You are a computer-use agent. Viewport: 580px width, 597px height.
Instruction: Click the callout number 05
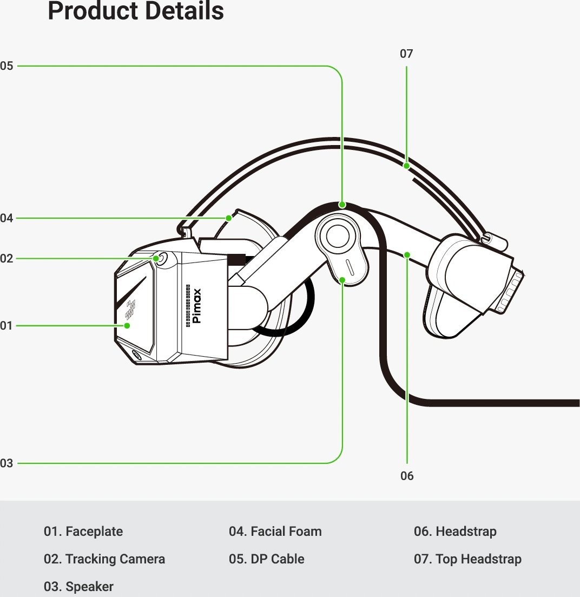click(x=6, y=66)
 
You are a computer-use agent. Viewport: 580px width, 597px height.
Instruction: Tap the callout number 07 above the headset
click(x=406, y=54)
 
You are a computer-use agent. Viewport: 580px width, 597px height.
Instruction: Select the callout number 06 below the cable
click(x=407, y=476)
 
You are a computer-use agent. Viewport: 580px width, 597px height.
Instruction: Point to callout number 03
click(x=6, y=463)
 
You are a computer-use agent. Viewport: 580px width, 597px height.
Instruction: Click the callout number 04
click(x=6, y=218)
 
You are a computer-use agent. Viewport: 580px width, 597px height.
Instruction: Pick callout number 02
click(x=6, y=259)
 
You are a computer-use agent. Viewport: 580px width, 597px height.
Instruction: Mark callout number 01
click(x=6, y=325)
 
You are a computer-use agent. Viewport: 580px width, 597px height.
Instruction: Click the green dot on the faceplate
click(x=127, y=325)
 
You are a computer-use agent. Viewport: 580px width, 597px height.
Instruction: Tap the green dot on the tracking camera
click(x=156, y=259)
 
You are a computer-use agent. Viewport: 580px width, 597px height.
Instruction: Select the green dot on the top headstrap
click(x=406, y=166)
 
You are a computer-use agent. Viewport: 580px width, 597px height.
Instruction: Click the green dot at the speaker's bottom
click(x=342, y=280)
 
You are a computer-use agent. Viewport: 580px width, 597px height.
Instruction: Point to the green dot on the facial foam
click(x=228, y=218)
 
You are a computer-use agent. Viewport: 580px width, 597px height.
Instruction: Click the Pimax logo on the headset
click(x=196, y=306)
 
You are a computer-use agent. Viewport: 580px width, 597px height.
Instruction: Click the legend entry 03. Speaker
click(x=78, y=586)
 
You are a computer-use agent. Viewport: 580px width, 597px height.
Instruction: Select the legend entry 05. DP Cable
click(x=266, y=559)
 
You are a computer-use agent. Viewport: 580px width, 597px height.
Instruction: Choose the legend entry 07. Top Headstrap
click(x=467, y=559)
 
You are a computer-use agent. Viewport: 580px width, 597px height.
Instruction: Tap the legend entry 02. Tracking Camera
click(x=104, y=559)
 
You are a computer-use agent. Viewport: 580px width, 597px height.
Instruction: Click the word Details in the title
click(x=184, y=11)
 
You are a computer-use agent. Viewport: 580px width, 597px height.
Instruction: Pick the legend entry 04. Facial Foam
click(x=275, y=531)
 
